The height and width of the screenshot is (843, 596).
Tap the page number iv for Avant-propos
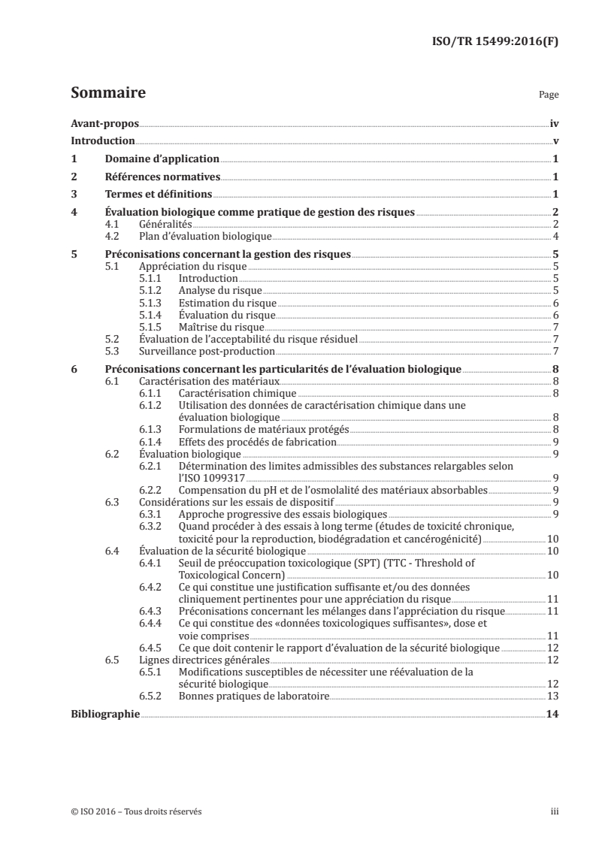[554, 123]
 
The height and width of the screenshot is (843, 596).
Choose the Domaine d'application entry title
[161, 159]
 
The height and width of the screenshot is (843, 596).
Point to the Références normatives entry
[162, 177]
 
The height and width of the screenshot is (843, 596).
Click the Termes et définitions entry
[154, 195]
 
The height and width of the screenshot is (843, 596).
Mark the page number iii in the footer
[555, 811]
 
